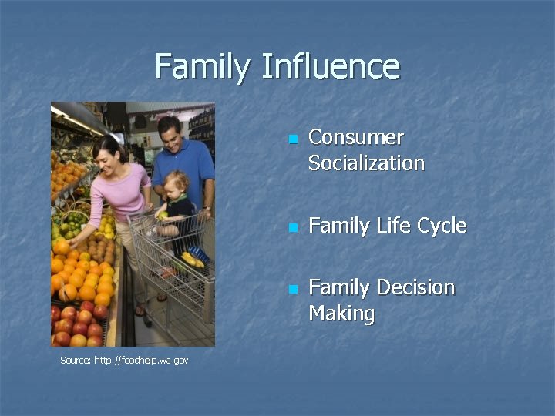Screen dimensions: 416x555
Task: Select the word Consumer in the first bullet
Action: [355, 137]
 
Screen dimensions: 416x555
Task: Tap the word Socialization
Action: [366, 163]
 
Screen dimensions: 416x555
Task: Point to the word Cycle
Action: [441, 226]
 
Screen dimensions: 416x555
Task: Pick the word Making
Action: [341, 314]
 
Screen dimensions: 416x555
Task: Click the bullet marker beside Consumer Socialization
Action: [291, 139]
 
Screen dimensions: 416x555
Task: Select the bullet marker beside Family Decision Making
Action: [291, 290]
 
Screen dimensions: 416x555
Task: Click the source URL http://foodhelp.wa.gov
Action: [123, 361]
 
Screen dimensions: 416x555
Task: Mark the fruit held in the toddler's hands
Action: [161, 215]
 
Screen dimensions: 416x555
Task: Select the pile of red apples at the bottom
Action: [77, 324]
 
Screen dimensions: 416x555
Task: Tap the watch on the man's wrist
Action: [207, 209]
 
